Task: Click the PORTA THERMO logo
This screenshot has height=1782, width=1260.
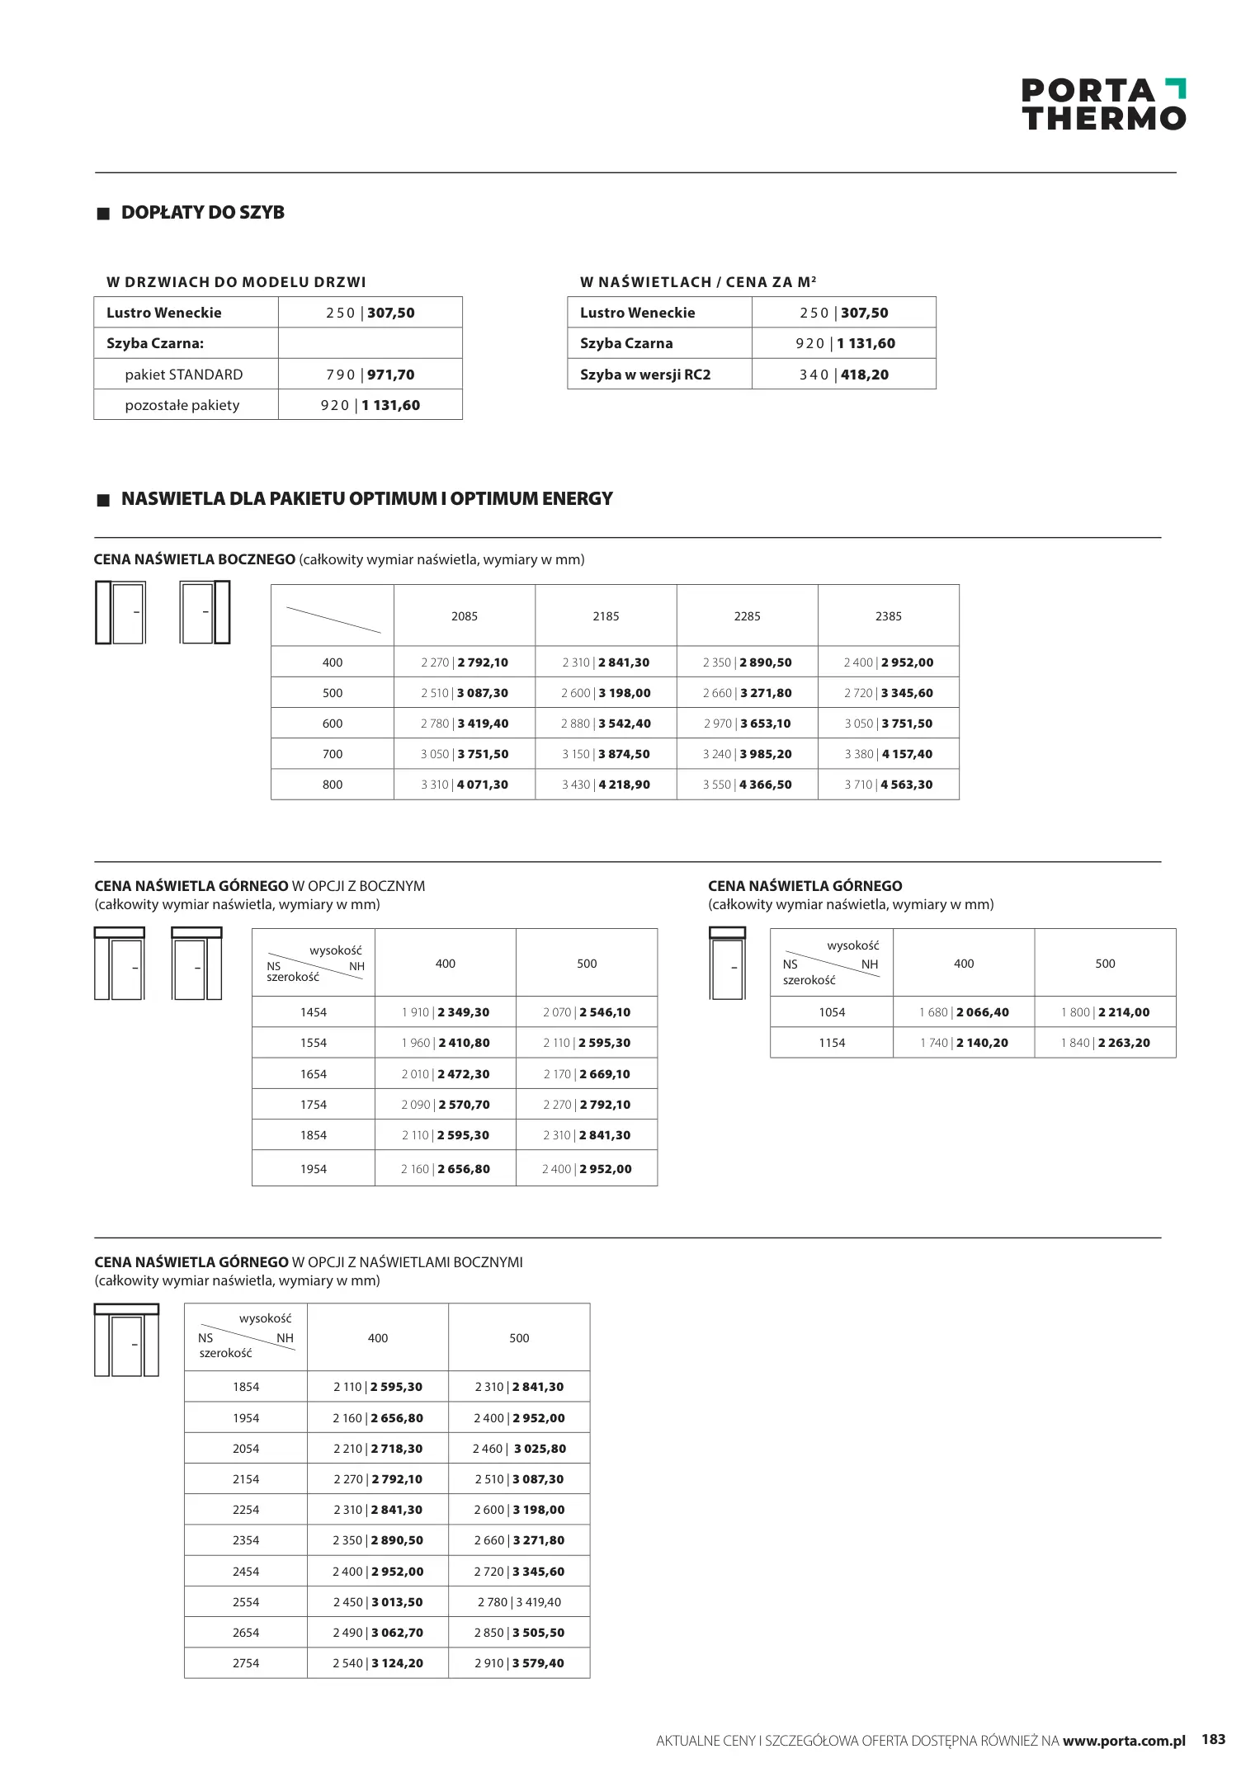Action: pyautogui.click(x=1103, y=105)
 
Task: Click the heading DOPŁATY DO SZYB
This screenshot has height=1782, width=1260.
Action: pyautogui.click(x=202, y=213)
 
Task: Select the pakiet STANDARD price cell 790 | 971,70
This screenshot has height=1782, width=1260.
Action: pyautogui.click(x=370, y=375)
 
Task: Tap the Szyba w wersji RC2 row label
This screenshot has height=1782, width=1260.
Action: pyautogui.click(x=644, y=375)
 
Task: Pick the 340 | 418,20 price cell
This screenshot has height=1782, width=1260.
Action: pyautogui.click(x=843, y=375)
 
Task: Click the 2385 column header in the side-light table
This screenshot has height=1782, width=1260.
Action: pyautogui.click(x=888, y=616)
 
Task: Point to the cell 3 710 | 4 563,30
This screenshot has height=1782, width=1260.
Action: pyautogui.click(x=888, y=785)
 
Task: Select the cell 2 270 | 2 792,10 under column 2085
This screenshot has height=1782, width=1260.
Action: pyautogui.click(x=464, y=662)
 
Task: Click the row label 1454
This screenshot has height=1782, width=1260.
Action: pyautogui.click(x=314, y=1012)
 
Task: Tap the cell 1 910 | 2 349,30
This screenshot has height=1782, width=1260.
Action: pyautogui.click(x=446, y=1012)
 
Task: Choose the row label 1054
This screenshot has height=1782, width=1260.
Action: pyautogui.click(x=832, y=1012)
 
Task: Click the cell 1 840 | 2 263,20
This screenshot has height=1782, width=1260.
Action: pyautogui.click(x=1105, y=1043)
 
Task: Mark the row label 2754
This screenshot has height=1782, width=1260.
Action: pyautogui.click(x=246, y=1663)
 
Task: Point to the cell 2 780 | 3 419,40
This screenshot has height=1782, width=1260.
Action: pyautogui.click(x=519, y=1602)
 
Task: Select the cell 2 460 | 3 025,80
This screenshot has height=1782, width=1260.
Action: pyautogui.click(x=519, y=1449)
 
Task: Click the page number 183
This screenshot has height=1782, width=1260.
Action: pyautogui.click(x=1213, y=1739)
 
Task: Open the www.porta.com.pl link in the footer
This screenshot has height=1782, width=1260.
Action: pyautogui.click(x=1124, y=1741)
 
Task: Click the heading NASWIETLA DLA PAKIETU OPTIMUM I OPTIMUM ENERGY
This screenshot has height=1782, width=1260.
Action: pyautogui.click(x=366, y=499)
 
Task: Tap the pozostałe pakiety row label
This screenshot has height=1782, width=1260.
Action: pyautogui.click(x=182, y=405)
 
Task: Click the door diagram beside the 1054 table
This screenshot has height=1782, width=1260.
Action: pyautogui.click(x=727, y=963)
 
